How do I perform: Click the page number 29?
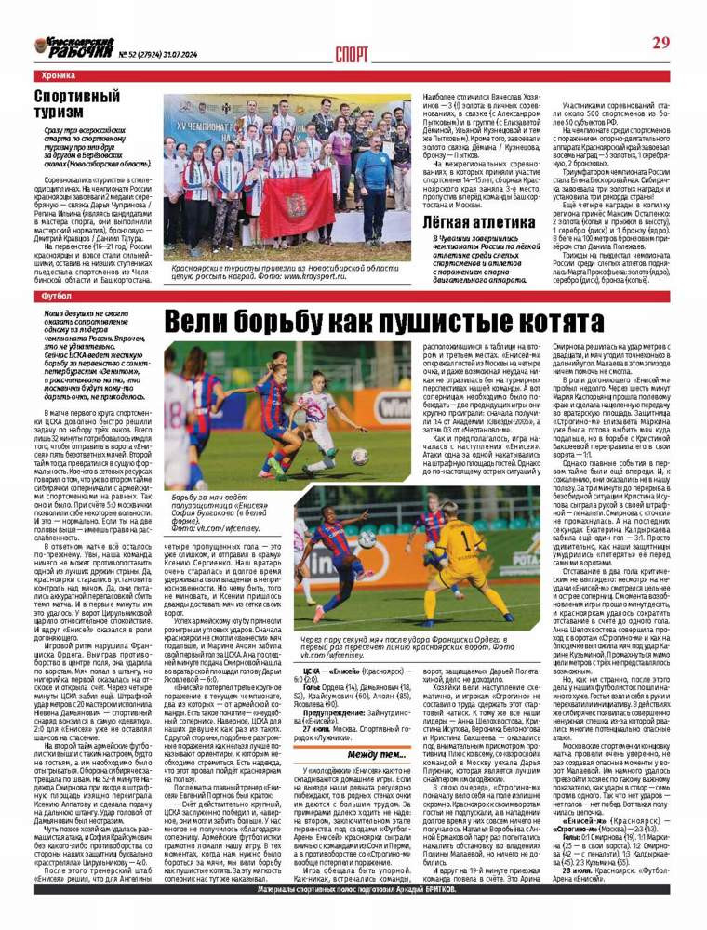click(x=660, y=43)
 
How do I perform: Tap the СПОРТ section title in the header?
click(x=352, y=52)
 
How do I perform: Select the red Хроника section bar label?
click(x=59, y=74)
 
